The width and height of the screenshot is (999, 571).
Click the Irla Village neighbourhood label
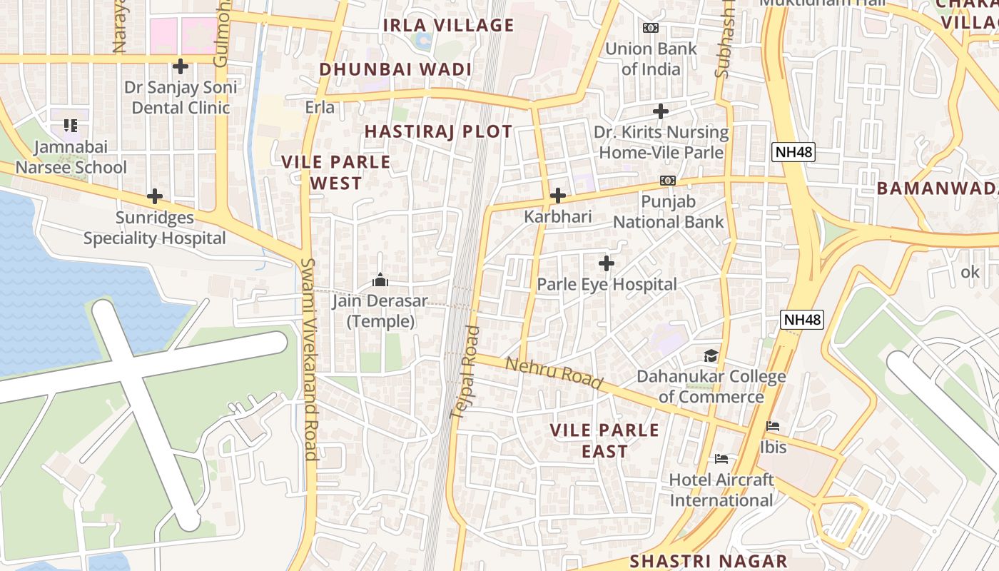[448, 26]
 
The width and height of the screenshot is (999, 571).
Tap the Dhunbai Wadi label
[395, 69]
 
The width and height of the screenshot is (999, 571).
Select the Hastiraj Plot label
[438, 131]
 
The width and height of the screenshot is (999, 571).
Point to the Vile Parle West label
[336, 172]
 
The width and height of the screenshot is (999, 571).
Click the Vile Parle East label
[604, 440]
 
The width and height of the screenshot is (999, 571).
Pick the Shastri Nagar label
[708, 561]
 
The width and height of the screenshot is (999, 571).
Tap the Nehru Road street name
[554, 373]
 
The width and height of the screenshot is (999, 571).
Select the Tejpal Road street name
[464, 372]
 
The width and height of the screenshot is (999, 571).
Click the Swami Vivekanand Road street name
[309, 358]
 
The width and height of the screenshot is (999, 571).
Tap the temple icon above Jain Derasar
[380, 280]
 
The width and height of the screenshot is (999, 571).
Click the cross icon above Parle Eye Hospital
[607, 263]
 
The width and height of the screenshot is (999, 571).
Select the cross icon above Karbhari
[558, 196]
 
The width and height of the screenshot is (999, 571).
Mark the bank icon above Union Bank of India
[651, 28]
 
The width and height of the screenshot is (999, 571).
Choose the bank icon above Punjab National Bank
[668, 181]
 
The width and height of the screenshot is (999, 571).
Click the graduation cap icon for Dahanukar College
[711, 355]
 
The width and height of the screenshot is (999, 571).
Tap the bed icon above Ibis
[773, 427]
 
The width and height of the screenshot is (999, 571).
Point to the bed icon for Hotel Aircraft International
[721, 459]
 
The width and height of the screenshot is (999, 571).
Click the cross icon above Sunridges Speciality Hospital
[155, 196]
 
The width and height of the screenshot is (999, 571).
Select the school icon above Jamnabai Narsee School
[71, 126]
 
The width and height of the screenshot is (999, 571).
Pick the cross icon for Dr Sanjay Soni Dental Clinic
[181, 66]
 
